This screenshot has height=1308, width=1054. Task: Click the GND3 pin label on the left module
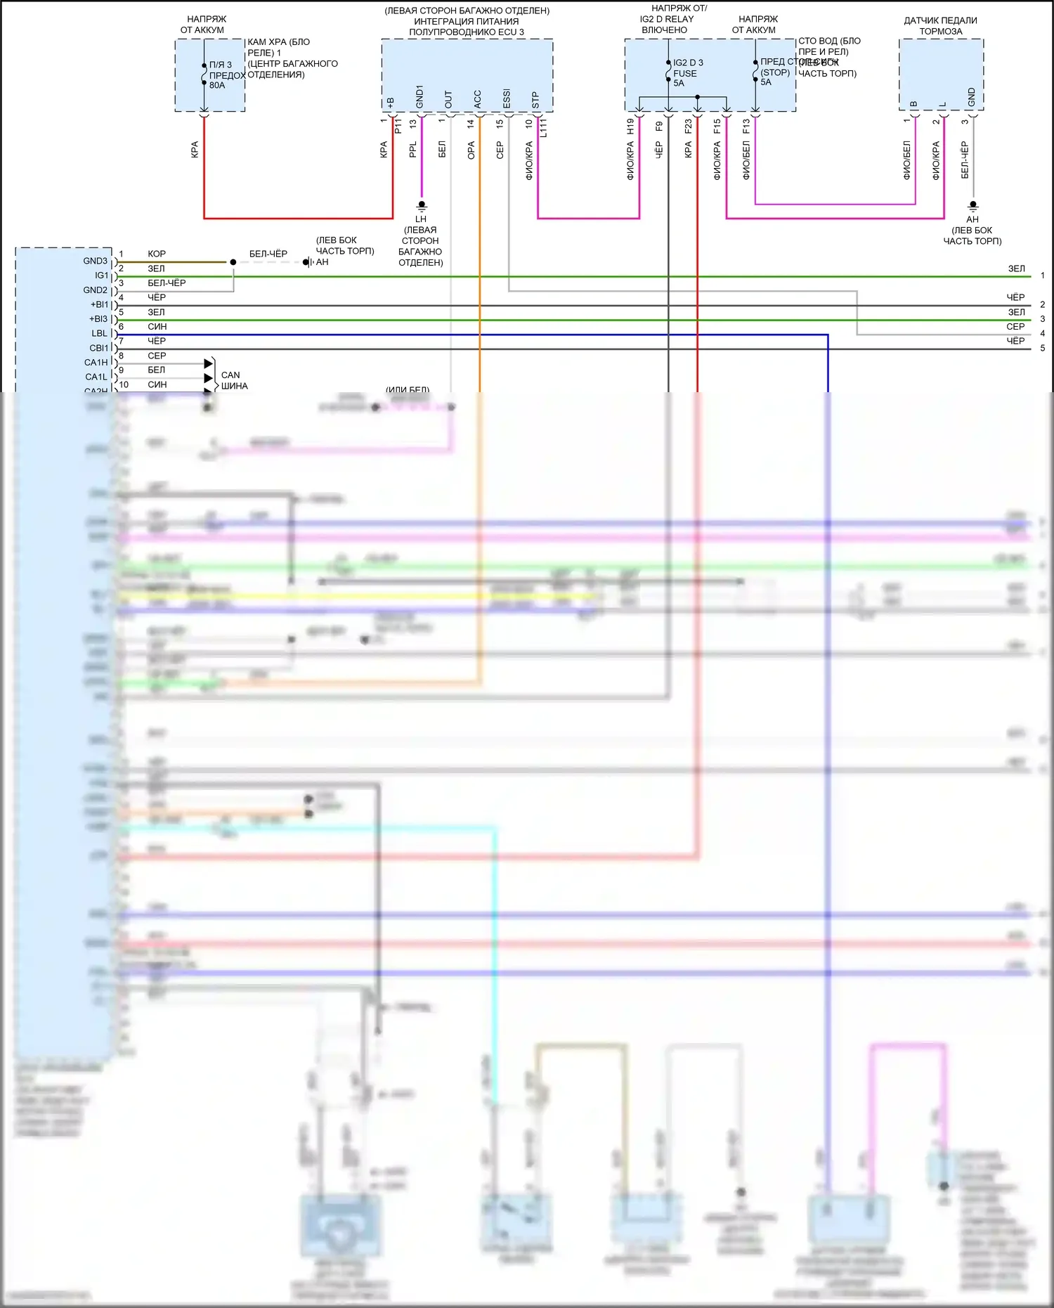click(95, 261)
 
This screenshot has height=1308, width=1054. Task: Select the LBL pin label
click(99, 333)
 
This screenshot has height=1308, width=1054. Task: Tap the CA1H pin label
click(96, 363)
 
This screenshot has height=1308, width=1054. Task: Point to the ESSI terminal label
click(507, 99)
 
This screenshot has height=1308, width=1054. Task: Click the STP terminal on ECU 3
click(535, 101)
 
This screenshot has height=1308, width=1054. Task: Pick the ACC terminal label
click(478, 99)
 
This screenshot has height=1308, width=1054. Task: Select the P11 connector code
click(398, 126)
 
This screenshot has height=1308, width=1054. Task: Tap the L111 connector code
click(543, 128)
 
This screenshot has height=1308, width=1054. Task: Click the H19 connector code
click(630, 127)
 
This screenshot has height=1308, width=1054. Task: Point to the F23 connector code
click(689, 127)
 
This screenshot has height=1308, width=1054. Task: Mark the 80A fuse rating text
click(217, 86)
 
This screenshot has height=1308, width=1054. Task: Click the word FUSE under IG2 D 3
click(685, 73)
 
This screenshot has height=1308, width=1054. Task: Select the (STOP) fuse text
click(775, 72)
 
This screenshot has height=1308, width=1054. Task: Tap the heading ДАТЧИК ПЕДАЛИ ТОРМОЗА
click(940, 26)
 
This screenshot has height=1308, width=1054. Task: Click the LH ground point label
click(421, 219)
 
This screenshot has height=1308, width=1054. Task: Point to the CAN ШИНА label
click(234, 380)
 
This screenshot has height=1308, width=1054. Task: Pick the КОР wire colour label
click(157, 254)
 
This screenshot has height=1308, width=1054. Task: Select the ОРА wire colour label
click(471, 150)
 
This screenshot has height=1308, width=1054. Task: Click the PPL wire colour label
click(413, 149)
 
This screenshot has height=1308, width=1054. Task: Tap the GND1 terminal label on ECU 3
click(419, 97)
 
